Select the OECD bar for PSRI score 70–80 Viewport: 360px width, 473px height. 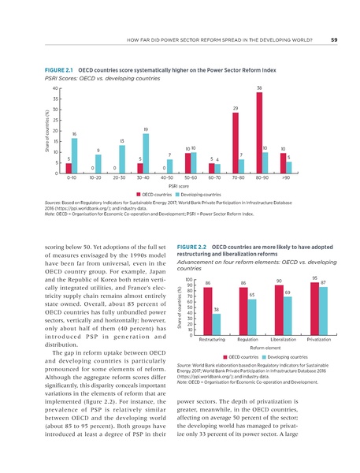(235, 143)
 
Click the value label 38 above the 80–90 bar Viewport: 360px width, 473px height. (258, 88)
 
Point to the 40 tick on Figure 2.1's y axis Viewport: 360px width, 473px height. (54, 88)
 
